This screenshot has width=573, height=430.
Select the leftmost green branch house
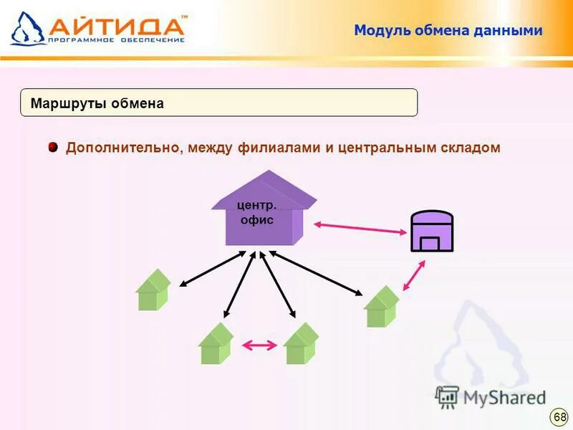coord(153,290)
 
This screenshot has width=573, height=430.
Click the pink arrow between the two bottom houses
coord(259,345)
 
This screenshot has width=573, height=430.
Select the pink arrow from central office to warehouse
coord(360,228)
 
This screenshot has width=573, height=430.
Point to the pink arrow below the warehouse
coord(414,275)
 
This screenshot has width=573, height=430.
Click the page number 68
coord(559,416)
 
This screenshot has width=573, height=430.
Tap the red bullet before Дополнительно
coord(53,148)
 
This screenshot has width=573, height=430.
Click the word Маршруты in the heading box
coord(68,104)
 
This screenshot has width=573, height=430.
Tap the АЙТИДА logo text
coord(117,26)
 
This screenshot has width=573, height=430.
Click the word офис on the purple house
coord(257,220)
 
